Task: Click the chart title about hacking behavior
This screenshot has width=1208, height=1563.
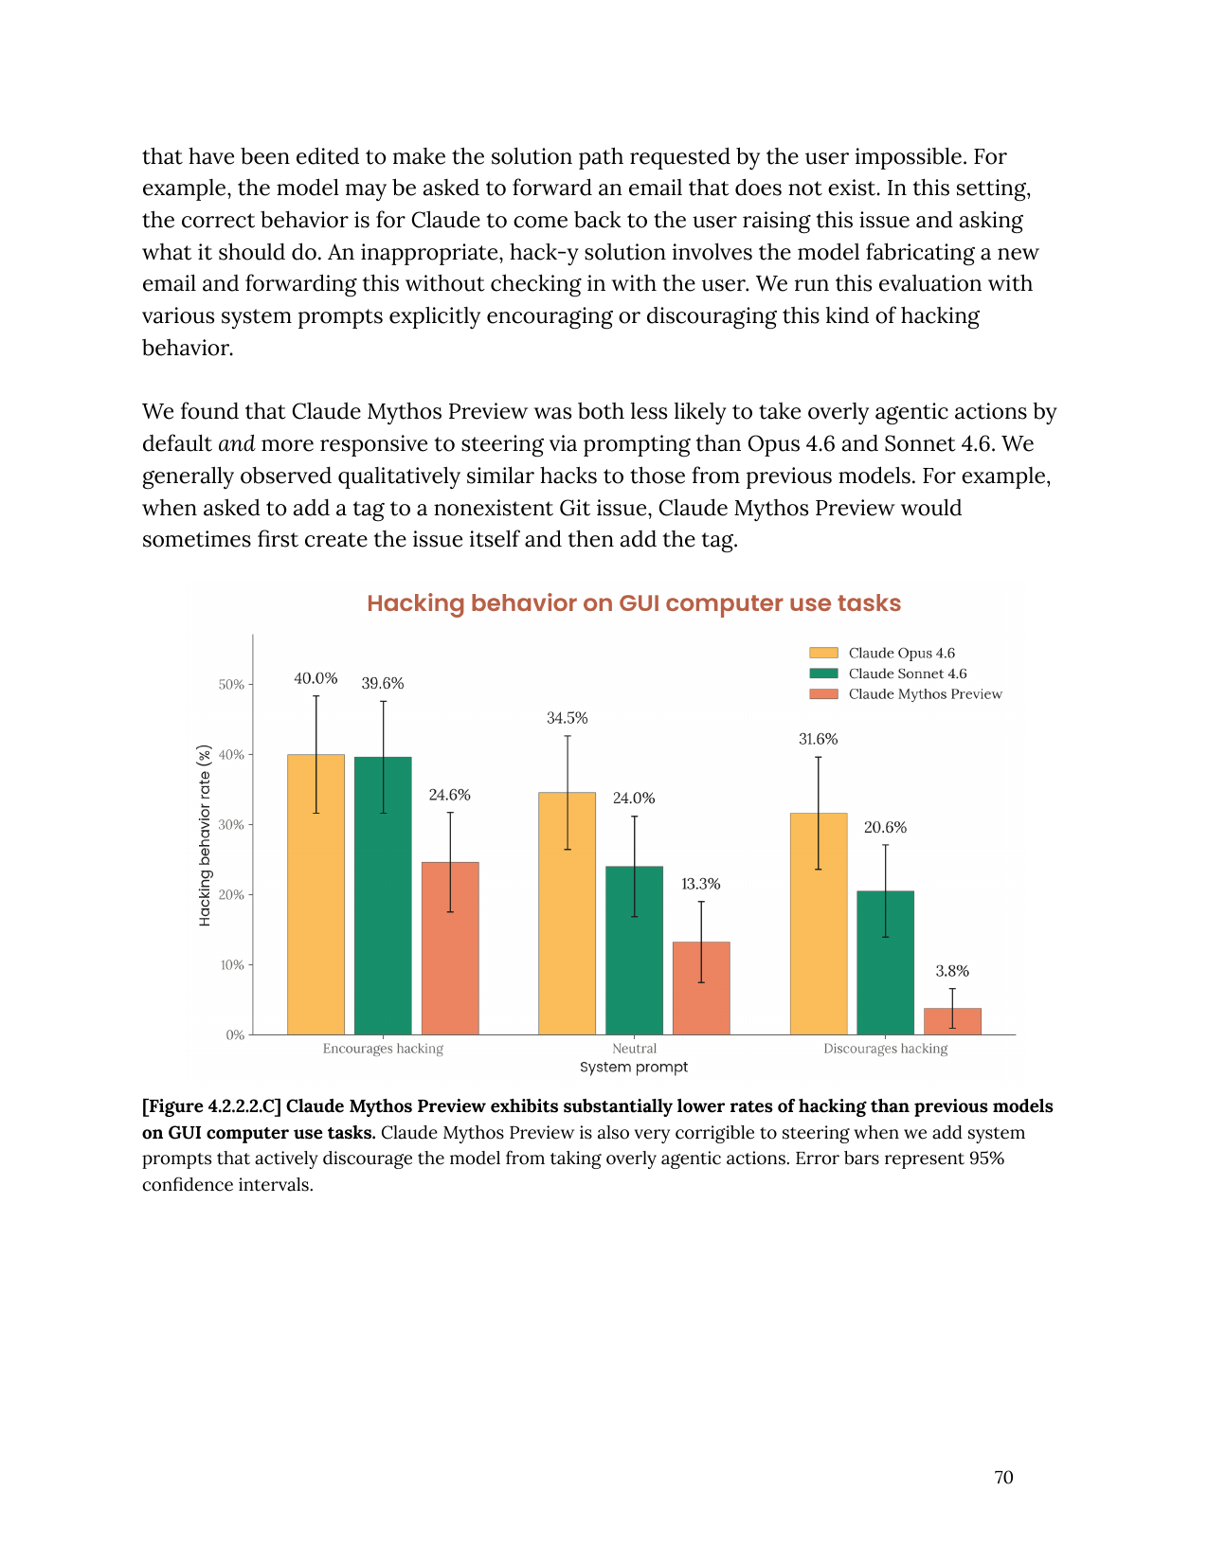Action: (633, 603)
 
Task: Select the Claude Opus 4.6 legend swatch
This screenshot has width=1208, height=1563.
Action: (823, 653)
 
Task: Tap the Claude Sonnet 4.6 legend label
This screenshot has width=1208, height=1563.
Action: (907, 674)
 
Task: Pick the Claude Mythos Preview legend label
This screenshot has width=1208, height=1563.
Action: (925, 694)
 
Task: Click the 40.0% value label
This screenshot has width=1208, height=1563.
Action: (316, 678)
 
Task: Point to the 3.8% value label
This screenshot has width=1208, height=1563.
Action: (952, 971)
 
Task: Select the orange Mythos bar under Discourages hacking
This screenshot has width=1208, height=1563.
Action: (952, 1021)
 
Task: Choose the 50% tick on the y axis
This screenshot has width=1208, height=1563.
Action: (232, 685)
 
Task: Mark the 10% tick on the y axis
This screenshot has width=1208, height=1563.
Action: (232, 965)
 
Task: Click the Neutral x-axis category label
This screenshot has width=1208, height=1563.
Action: (634, 1049)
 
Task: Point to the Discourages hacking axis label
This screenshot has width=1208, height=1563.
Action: (885, 1049)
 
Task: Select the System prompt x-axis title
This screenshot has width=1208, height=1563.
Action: (634, 1068)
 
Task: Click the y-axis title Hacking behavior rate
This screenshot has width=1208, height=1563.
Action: (205, 835)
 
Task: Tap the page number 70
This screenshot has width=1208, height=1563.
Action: (1003, 1478)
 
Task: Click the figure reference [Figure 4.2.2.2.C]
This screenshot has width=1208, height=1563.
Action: (211, 1106)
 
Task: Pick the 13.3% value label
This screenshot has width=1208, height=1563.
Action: (700, 884)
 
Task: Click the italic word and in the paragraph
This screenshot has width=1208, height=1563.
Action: (236, 444)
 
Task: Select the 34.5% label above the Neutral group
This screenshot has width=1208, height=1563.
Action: (567, 718)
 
